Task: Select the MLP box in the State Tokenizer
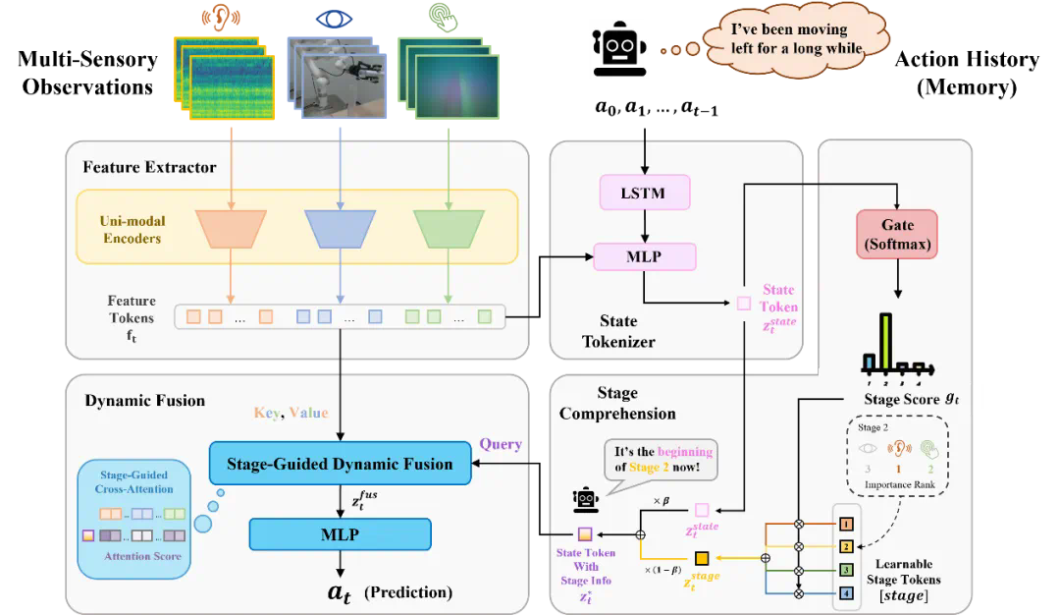click(x=644, y=257)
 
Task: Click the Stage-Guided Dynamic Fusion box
click(x=341, y=464)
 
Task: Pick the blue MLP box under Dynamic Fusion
click(x=341, y=534)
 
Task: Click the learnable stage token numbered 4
click(x=847, y=593)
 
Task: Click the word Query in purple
click(x=500, y=445)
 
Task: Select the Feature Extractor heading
click(x=149, y=167)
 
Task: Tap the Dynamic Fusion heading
click(x=144, y=401)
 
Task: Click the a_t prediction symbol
click(x=339, y=593)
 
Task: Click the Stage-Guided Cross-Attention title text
click(x=134, y=481)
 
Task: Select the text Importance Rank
click(x=904, y=484)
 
